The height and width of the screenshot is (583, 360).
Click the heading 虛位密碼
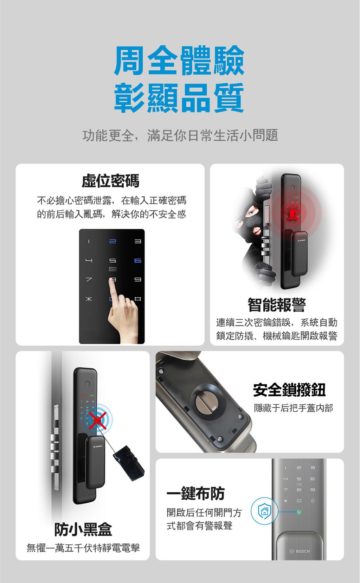110,181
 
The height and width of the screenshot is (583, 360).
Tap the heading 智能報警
277,305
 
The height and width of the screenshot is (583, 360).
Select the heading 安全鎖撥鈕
289,390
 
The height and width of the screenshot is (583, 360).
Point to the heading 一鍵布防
195,494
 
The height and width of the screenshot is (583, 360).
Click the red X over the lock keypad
97,420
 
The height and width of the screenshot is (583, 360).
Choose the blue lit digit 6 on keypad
137,261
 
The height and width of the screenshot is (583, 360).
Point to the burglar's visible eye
252,212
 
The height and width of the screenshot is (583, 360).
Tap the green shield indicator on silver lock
299,512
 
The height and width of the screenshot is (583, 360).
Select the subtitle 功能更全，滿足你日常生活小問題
180,135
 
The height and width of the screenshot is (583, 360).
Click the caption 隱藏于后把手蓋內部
294,408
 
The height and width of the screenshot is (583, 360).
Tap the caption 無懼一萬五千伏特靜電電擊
83,548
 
